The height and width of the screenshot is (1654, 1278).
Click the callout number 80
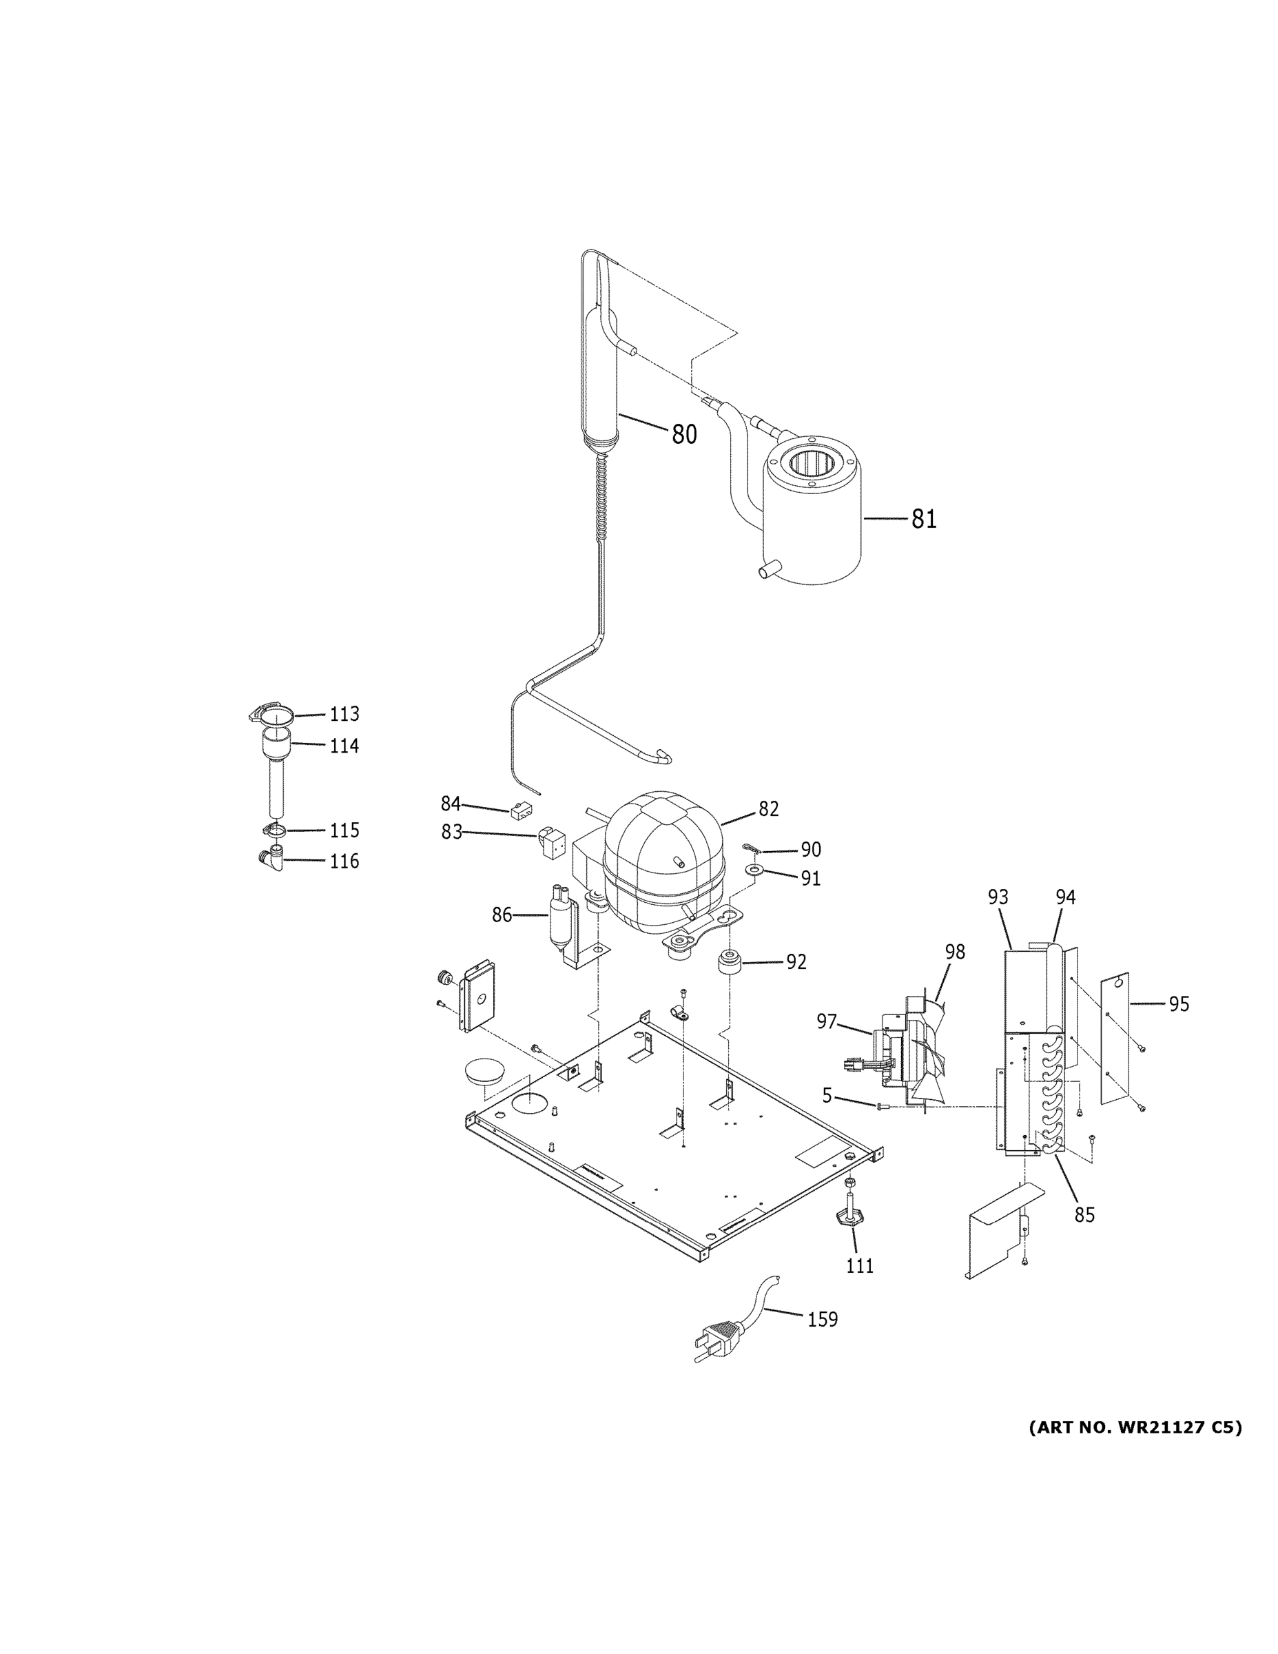(x=683, y=434)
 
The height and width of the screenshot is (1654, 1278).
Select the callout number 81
(x=924, y=519)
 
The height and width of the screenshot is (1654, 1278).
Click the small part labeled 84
(x=520, y=812)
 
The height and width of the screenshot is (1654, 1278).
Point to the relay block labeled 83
(x=550, y=843)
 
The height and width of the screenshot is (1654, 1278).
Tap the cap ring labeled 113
(x=271, y=715)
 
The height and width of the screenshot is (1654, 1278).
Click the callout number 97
(x=827, y=1021)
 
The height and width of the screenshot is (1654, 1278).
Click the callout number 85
(x=1084, y=1214)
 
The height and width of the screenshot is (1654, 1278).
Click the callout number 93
(x=998, y=897)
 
